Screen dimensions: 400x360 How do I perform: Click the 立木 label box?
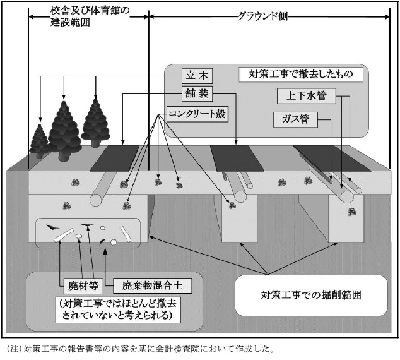(197, 76)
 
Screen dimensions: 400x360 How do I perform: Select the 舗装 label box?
(197, 93)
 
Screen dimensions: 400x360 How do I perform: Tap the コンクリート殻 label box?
(197, 114)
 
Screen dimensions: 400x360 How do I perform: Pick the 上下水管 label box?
(307, 96)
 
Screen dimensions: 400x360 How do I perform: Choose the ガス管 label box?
(295, 119)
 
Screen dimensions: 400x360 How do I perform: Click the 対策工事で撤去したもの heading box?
(301, 75)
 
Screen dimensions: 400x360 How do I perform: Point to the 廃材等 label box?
(83, 285)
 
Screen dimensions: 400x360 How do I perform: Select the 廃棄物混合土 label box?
(152, 285)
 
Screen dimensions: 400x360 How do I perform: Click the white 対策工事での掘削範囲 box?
(311, 295)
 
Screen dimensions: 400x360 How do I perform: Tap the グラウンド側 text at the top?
(262, 16)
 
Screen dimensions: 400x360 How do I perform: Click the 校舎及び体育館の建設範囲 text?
(90, 16)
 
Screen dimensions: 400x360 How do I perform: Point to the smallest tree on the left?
(39, 141)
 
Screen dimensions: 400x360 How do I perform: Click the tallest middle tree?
(64, 131)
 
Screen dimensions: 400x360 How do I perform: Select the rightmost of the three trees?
(96, 123)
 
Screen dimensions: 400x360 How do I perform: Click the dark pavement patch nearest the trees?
(115, 159)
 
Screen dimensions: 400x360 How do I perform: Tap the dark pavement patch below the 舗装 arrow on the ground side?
(237, 159)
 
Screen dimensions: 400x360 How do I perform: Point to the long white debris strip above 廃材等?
(64, 235)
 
